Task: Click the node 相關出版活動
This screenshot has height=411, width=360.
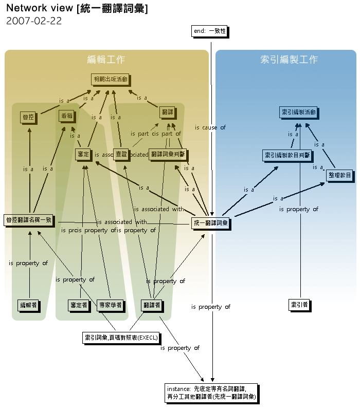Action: [x=110, y=79]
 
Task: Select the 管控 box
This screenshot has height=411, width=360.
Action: [x=28, y=117]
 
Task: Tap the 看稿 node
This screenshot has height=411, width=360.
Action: [x=66, y=116]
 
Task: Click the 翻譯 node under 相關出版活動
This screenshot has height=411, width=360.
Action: [x=167, y=111]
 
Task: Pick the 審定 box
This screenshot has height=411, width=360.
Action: [x=83, y=154]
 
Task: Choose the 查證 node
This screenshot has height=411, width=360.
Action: [x=121, y=154]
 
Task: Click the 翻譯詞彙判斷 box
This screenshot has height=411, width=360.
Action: [x=167, y=154]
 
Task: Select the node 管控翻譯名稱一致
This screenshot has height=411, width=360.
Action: [x=29, y=220]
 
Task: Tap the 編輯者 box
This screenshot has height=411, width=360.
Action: [x=28, y=305]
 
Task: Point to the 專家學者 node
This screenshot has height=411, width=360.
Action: [x=111, y=305]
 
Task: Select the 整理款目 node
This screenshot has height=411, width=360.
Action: [x=339, y=176]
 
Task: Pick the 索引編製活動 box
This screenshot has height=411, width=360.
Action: [x=298, y=111]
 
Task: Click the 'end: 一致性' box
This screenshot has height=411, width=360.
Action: [x=209, y=31]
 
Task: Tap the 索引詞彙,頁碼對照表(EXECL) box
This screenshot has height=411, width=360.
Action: [x=121, y=338]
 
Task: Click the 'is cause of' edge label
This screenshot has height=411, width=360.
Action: [x=210, y=127]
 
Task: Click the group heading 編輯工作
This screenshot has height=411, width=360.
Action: [x=106, y=60]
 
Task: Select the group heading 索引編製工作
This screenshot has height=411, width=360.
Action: [x=289, y=60]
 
